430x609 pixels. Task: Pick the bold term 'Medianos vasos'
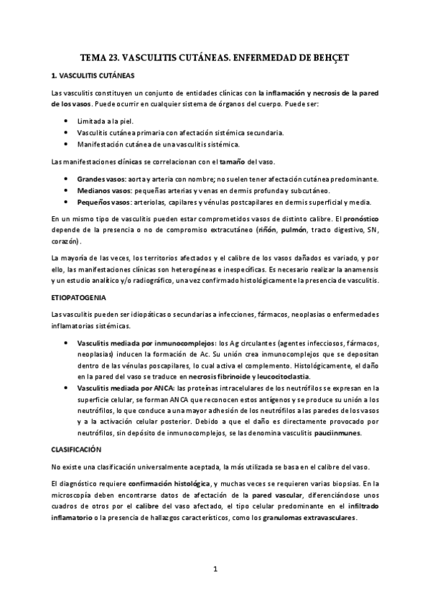click(103, 190)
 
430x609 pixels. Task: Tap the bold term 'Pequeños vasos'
click(103, 203)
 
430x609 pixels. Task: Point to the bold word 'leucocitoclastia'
click(280, 376)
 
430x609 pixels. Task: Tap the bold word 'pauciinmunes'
click(339, 433)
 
